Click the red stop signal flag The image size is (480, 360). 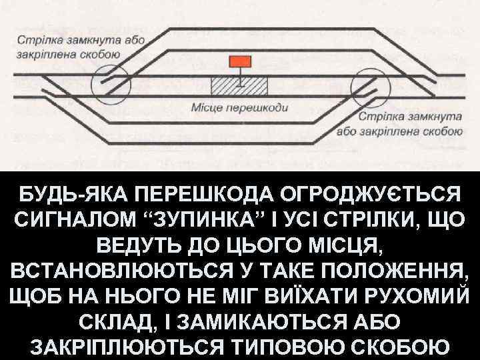pyautogui.click(x=241, y=62)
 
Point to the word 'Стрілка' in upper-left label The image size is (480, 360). pyautogui.click(x=37, y=40)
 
